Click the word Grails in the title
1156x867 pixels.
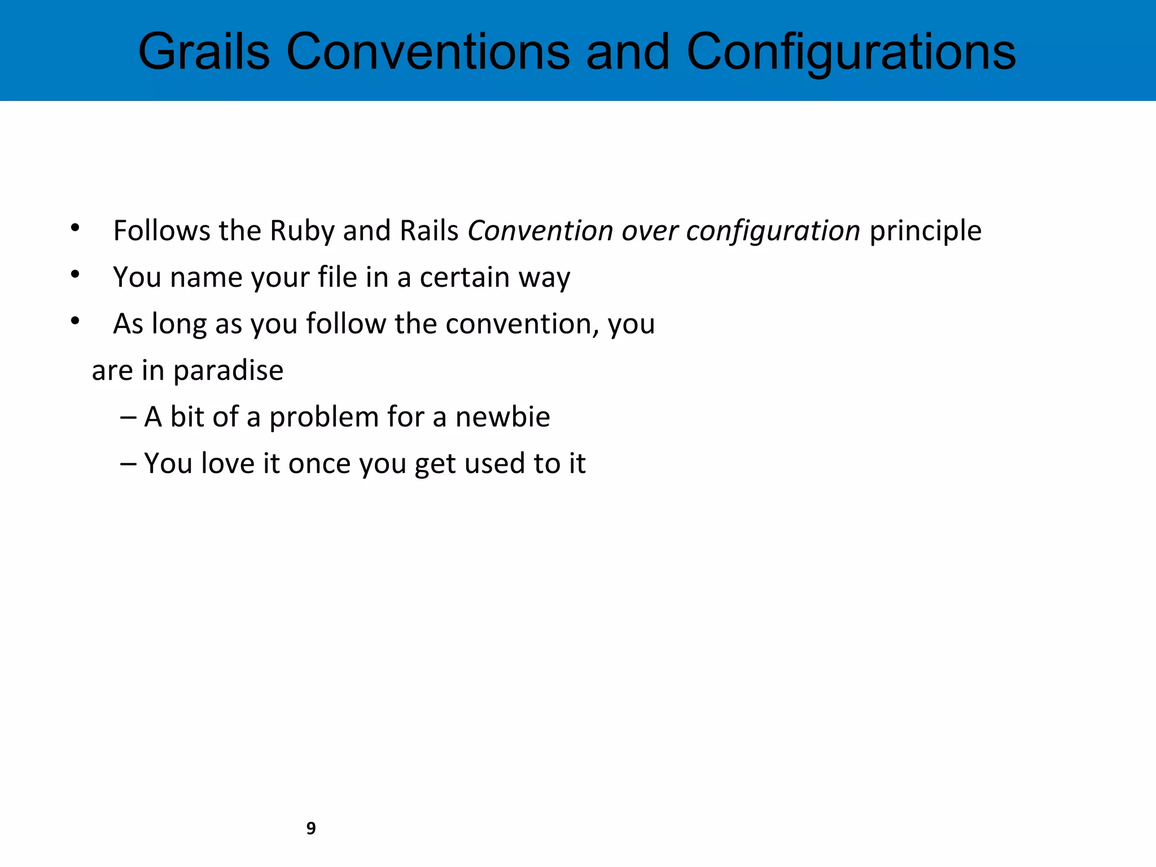[204, 52]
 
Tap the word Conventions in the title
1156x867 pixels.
[428, 52]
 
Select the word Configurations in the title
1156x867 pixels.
[851, 52]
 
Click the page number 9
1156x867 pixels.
[311, 828]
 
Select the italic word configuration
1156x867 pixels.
[773, 231]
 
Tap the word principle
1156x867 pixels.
[925, 231]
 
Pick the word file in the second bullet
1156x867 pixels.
[337, 277]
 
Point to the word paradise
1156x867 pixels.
[228, 371]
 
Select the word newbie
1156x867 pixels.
[502, 417]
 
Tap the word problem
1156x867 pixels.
[324, 417]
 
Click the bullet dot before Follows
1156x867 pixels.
[75, 228]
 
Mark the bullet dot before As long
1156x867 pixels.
[75, 321]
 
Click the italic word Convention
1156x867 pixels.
[540, 231]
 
